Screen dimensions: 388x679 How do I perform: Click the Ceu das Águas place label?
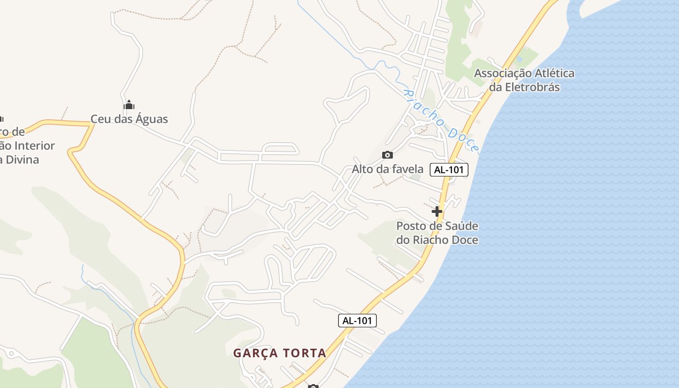pos(129,119)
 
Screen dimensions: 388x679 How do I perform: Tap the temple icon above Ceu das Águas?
pos(129,105)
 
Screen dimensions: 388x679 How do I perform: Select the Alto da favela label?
pos(388,169)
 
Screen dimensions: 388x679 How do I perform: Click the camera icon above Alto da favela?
pos(388,155)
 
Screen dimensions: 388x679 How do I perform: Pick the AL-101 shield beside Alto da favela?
pos(449,170)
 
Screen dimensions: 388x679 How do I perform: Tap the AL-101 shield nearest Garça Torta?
pos(357,321)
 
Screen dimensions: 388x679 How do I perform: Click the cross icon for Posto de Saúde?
pos(437,211)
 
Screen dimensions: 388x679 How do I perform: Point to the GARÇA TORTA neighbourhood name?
pos(280,353)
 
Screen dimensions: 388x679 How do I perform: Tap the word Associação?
pos(503,73)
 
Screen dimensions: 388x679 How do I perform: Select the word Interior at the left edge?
pos(34,145)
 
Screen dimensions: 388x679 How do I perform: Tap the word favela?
pos(406,169)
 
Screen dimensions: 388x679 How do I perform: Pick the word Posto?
pos(411,226)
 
